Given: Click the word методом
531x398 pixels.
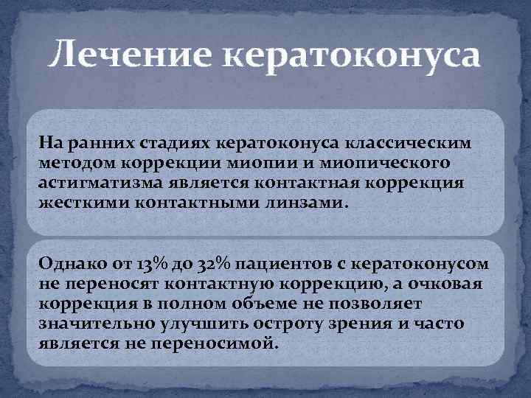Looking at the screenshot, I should [x=77, y=161].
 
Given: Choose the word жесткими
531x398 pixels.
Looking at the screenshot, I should [x=83, y=203].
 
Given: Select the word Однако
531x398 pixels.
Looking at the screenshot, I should [x=71, y=263].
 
